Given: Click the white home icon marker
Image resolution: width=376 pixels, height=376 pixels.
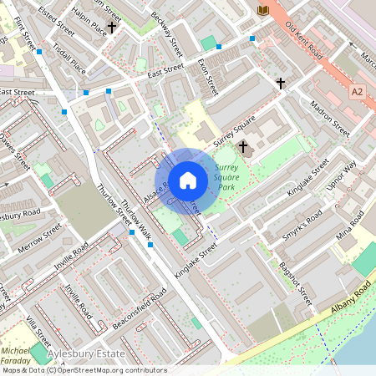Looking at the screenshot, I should pyautogui.click(x=188, y=180).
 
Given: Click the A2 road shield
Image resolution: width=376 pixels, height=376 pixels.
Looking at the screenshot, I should pyautogui.click(x=358, y=90).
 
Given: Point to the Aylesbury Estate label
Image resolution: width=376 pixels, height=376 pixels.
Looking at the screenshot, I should pyautogui.click(x=81, y=356).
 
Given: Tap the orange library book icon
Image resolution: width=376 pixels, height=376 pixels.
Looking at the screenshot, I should pyautogui.click(x=263, y=9).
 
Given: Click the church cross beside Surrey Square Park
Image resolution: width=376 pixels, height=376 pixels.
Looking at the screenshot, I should pyautogui.click(x=243, y=147).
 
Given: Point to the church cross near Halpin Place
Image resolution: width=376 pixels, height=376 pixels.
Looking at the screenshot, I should pyautogui.click(x=111, y=28).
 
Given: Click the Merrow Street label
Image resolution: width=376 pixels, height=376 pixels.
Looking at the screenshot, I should pyautogui.click(x=41, y=234).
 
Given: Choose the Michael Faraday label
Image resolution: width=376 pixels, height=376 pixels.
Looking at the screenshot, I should pyautogui.click(x=15, y=356).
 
